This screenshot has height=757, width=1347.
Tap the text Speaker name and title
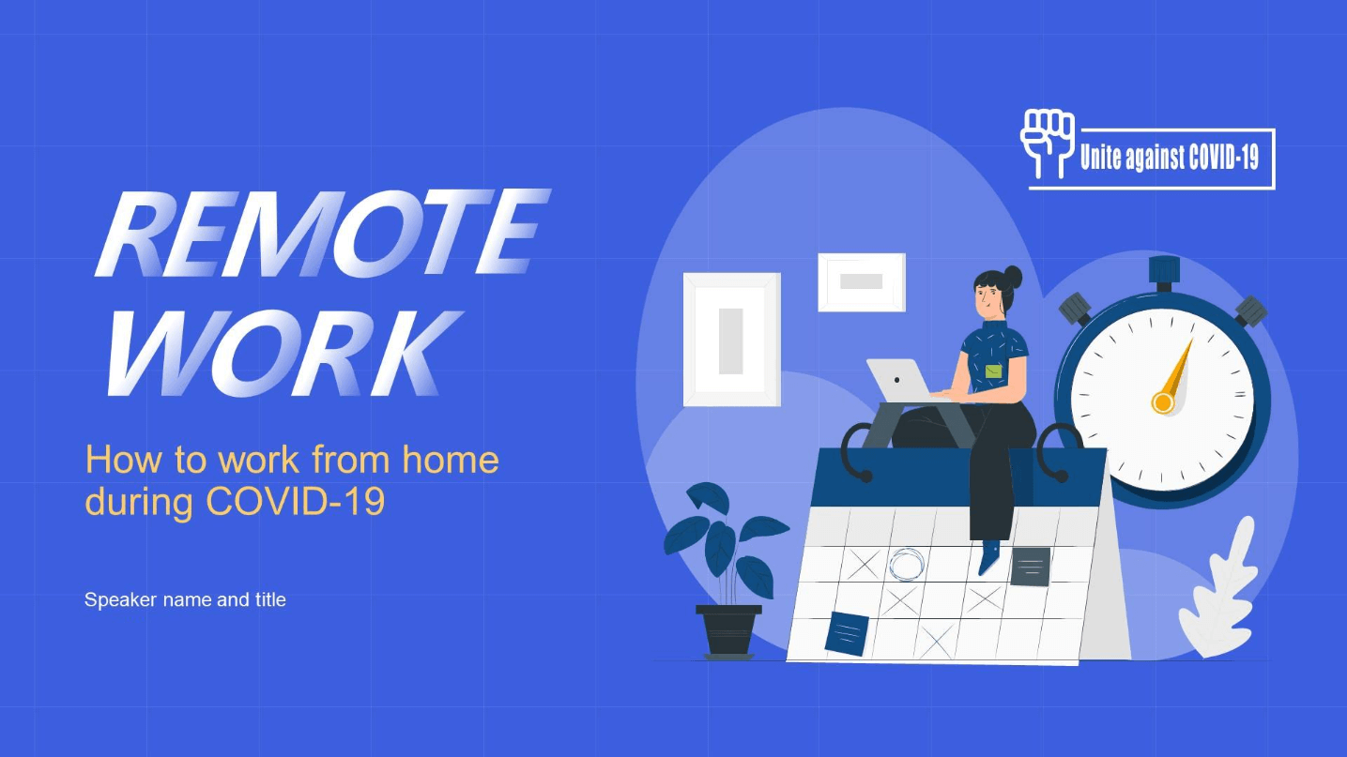pos(185,599)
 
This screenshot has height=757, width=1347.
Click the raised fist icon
pos(1047,142)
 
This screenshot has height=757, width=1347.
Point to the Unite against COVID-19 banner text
pos(1169,158)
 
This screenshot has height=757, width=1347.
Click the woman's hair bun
pos(1012,277)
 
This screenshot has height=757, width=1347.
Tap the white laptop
pos(896,379)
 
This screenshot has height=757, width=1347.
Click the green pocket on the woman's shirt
pos(993,371)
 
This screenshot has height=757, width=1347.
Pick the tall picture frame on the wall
pos(731,340)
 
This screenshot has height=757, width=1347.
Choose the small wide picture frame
pos(861,281)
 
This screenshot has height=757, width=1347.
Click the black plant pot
pos(728,629)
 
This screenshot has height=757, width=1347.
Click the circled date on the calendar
pos(906,565)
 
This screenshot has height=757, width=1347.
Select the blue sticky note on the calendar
pos(847,633)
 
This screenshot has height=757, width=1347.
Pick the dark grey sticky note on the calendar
pos(1030,567)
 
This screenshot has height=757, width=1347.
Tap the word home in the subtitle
pos(451,461)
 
